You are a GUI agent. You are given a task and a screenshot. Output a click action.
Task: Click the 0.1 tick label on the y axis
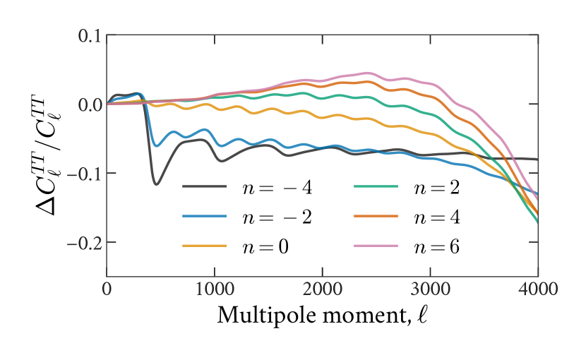(89, 35)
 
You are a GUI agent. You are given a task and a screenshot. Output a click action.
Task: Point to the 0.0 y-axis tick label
(89, 104)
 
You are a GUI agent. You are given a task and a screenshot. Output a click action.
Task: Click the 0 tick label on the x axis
(107, 289)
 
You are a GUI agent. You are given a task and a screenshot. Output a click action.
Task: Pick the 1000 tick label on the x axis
(215, 289)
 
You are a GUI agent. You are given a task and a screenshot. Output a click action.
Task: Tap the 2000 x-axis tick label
(323, 289)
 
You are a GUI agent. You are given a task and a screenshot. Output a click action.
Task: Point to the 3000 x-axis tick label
(431, 289)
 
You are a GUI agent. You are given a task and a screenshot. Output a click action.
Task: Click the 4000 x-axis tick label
(538, 289)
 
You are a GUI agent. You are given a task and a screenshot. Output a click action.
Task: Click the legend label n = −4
(276, 187)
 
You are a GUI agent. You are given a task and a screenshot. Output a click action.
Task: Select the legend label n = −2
(276, 217)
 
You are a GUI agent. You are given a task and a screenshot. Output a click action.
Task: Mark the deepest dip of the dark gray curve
(156, 184)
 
